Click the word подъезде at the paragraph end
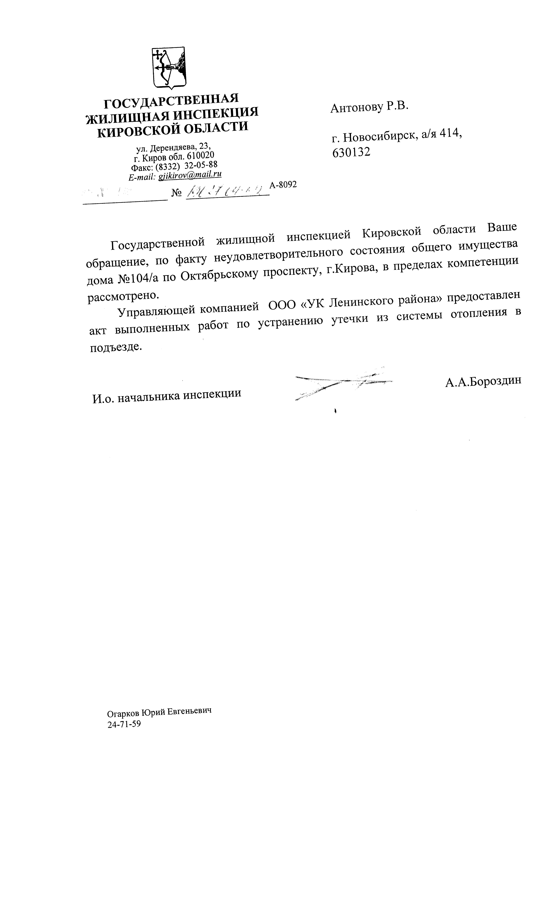[x=116, y=347]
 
